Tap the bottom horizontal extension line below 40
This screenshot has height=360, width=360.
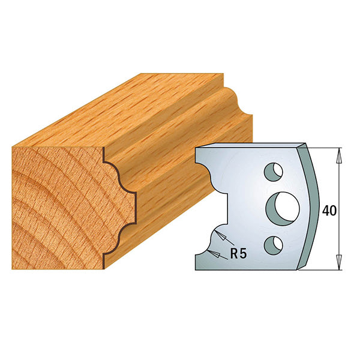(x=324, y=267)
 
